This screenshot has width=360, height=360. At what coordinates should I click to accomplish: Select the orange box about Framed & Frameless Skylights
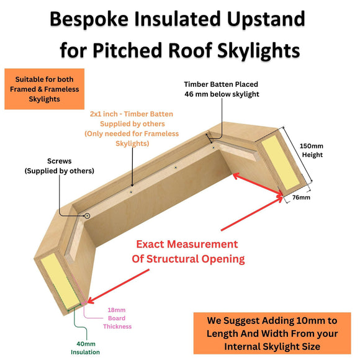coord(44,89)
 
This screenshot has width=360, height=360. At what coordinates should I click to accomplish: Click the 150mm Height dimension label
coord(312,150)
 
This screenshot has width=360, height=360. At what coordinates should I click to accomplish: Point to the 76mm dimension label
coord(300,198)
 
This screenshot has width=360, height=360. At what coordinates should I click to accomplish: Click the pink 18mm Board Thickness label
coord(117,318)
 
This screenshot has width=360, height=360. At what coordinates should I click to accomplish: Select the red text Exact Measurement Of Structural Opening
coord(187,251)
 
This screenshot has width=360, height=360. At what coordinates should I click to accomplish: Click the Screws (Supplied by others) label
coord(59,166)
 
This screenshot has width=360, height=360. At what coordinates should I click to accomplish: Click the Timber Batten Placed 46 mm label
coord(221,89)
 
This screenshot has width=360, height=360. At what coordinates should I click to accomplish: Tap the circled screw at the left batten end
coord(87,215)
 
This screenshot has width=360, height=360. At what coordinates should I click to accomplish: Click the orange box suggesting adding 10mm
coord(273,332)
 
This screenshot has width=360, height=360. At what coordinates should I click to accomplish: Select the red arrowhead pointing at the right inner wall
coord(236,176)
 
